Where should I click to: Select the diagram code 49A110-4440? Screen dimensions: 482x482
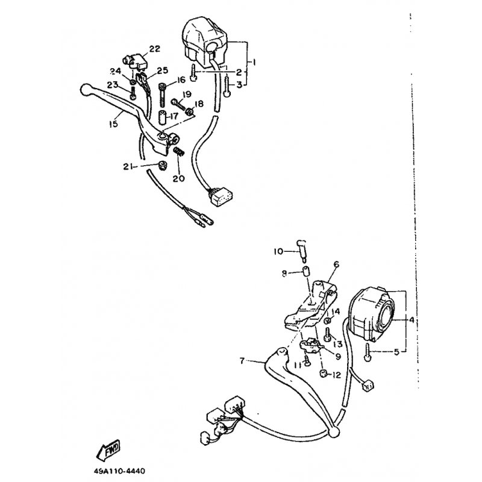119,471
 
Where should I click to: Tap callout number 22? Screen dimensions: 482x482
155,49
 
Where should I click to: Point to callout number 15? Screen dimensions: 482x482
113,124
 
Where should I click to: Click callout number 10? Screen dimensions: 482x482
278,252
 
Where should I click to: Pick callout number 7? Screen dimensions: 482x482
242,361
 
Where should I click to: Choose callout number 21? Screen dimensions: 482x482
128,167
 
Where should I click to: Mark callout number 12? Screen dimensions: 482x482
337,375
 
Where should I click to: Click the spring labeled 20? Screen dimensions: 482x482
178,151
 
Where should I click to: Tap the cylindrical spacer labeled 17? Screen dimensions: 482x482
163,117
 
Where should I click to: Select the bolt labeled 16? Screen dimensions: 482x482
163,94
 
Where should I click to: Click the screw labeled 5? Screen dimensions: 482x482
368,352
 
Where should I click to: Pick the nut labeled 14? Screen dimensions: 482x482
328,321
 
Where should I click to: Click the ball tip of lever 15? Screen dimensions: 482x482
84,89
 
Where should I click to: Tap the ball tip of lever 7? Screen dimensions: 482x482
334,432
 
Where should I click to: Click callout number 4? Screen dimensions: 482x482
412,320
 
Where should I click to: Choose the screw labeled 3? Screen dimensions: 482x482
227,86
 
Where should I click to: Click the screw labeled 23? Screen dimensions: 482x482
133,93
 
